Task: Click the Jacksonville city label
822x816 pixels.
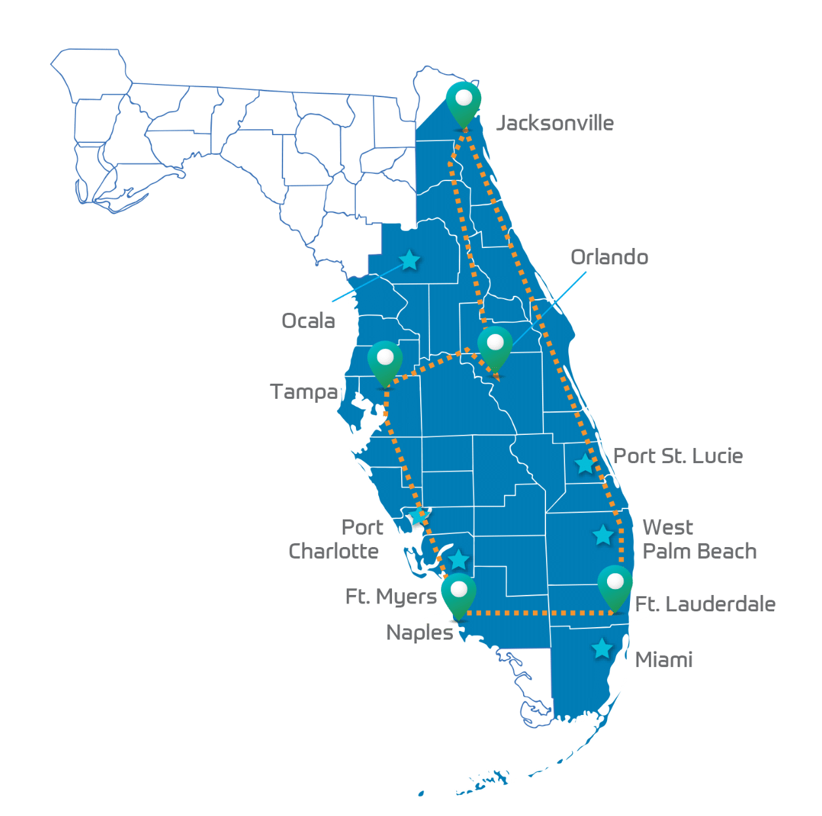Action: pos(556,123)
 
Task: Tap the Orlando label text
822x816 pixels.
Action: pos(610,256)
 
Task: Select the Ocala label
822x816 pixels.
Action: pos(308,321)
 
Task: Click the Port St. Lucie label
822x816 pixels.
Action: pos(678,456)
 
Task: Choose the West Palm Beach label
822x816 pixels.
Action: pos(699,539)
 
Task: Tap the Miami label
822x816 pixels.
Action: pos(663,660)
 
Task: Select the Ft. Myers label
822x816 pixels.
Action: pos(391,597)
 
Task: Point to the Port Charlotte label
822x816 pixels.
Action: pos(334,539)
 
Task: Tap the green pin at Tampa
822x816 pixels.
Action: pos(385,363)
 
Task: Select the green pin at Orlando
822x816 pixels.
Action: pos(495,348)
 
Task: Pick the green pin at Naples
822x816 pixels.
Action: pos(458,595)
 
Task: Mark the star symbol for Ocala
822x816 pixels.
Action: pos(410,260)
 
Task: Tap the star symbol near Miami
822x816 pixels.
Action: pos(602,649)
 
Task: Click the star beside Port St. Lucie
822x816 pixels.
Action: pos(585,464)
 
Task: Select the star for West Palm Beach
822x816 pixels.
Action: pos(603,535)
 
